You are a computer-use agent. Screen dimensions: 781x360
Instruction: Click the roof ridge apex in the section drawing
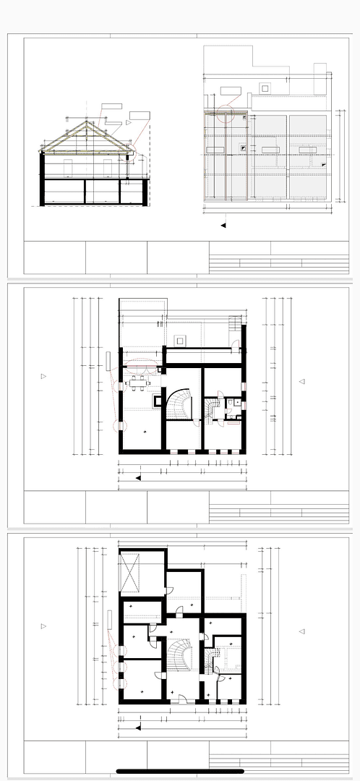click(87, 122)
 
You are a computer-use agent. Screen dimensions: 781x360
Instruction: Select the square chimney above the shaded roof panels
click(265, 88)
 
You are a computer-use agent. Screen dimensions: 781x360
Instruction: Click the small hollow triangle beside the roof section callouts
click(128, 124)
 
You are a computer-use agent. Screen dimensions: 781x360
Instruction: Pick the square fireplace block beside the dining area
click(158, 399)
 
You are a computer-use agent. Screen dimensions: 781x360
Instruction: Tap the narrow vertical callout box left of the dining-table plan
click(107, 359)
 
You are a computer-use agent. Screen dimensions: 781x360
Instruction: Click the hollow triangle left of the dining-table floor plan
click(43, 376)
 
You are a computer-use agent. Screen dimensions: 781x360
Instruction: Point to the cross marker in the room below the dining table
click(145, 432)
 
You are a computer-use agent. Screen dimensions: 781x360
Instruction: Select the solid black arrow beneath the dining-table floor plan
click(138, 478)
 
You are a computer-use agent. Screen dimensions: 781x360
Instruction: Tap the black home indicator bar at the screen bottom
click(180, 771)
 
